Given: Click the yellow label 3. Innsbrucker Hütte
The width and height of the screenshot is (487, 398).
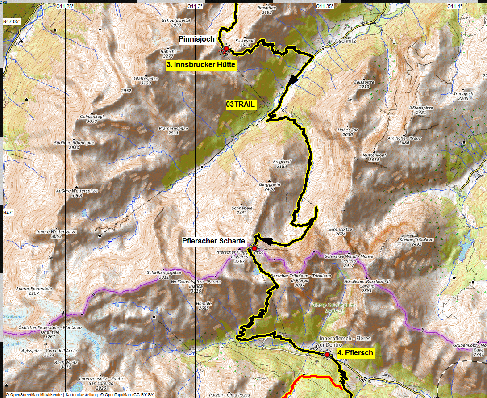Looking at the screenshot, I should click(x=200, y=65).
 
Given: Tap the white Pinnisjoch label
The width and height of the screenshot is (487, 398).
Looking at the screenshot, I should click(x=197, y=39).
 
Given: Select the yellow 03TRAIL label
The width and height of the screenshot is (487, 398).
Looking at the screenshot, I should click(x=241, y=105).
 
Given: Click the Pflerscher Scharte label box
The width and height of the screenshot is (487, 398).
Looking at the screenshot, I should click(x=213, y=241).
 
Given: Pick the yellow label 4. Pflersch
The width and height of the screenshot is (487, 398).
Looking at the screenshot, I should click(x=355, y=353).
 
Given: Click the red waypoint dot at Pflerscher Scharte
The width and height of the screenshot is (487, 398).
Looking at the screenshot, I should click(x=254, y=248).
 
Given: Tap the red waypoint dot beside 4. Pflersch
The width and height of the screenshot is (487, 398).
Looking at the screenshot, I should click(x=327, y=355).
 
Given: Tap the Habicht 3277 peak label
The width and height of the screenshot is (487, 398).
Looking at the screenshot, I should click(x=168, y=54).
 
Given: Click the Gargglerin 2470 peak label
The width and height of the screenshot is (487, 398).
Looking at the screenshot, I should click(x=270, y=187).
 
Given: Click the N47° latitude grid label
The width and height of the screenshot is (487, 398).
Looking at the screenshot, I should click(x=9, y=213).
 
